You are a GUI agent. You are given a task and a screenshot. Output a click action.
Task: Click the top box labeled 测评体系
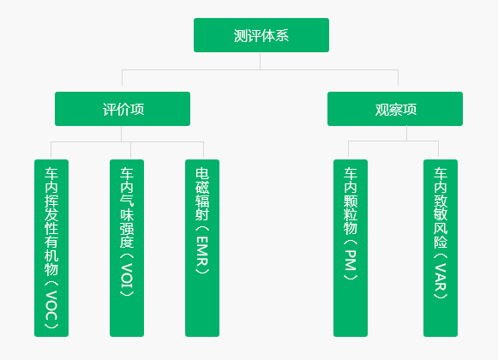click(261, 35)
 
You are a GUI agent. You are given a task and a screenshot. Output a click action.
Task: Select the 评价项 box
click(123, 109)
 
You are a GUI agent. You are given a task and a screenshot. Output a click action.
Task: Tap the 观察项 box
click(395, 109)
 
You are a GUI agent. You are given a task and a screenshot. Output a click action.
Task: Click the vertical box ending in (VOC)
click(51, 248)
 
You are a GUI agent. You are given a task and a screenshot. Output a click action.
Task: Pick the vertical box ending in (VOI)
click(127, 248)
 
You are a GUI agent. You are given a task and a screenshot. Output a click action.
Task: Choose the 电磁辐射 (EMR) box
click(202, 248)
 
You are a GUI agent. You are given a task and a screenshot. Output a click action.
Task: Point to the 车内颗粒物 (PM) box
click(351, 248)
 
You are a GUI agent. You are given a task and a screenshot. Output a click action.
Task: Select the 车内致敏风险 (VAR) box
click(441, 248)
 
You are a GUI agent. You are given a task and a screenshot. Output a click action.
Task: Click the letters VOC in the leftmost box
click(51, 305)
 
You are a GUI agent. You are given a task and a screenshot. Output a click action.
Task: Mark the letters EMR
click(202, 251)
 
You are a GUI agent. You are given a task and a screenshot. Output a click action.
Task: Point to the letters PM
click(351, 261)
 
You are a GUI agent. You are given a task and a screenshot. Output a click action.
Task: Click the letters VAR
click(441, 277)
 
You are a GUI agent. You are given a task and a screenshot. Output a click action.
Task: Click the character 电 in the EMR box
click(202, 173)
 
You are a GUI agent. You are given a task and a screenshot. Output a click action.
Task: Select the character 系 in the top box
click(282, 35)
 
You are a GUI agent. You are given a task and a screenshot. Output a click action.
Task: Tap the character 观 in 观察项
click(381, 110)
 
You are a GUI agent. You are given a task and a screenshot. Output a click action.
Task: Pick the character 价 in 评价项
click(123, 110)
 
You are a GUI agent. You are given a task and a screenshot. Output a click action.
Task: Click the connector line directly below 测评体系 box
click(260, 61)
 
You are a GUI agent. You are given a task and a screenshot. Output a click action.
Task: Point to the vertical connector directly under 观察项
click(406, 134)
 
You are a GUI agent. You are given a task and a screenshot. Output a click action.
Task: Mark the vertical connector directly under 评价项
click(122, 134)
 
